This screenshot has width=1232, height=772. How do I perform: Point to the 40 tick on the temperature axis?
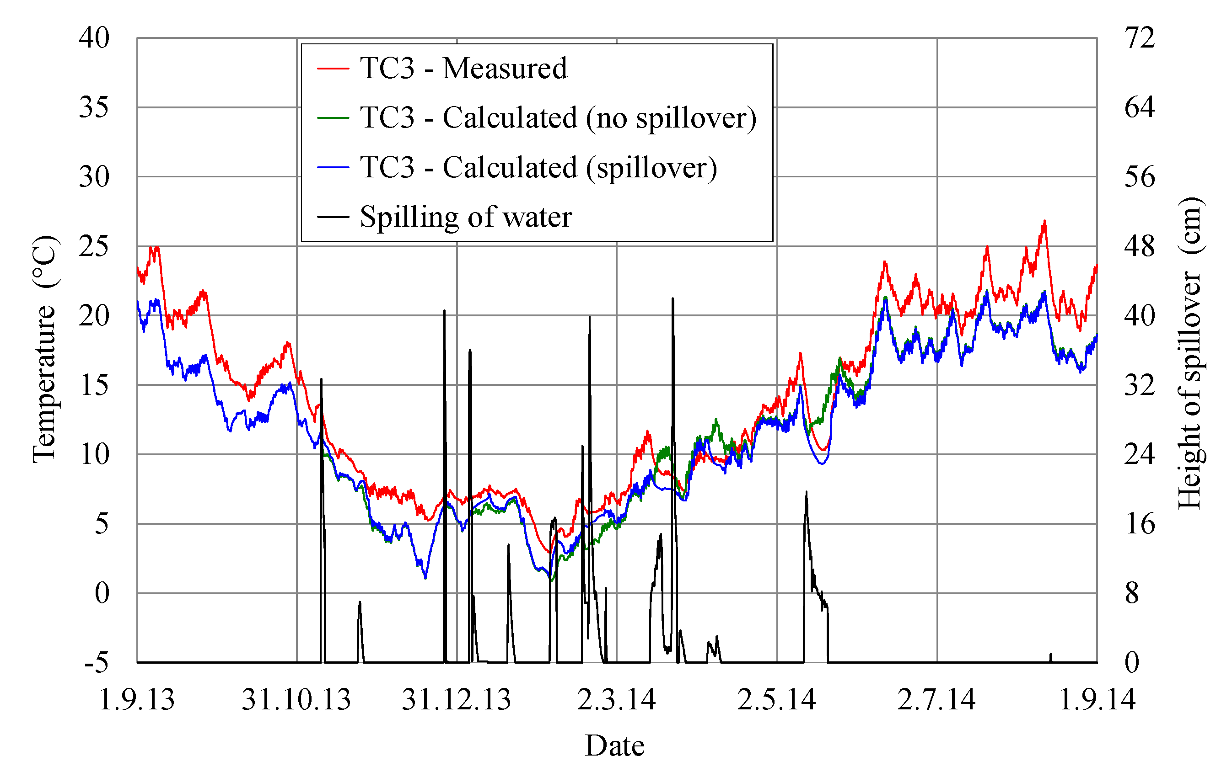pos(94,38)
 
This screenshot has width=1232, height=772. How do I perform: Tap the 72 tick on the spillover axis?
pos(1139,38)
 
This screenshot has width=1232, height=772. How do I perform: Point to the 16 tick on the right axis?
pos(1139,524)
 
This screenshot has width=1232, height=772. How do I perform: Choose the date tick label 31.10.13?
pos(296,699)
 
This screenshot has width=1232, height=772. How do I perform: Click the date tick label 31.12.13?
pos(456,699)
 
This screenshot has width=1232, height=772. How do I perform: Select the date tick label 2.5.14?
pos(776,699)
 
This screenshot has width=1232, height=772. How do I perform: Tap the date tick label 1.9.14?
pos(1097,699)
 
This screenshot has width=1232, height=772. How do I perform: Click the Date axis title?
pos(615,745)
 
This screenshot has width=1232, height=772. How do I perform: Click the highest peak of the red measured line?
pos(1044,221)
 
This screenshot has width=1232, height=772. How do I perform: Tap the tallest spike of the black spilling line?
pos(672,298)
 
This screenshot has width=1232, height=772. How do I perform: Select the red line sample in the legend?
pos(333,68)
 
